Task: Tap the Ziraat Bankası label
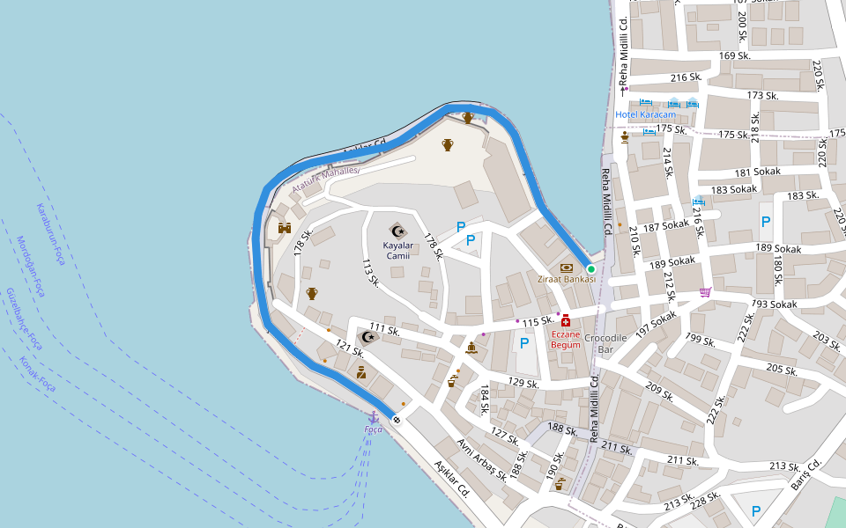tap(567, 279)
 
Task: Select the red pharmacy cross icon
tap(566, 321)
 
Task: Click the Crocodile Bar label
tap(605, 343)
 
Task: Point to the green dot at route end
tap(590, 268)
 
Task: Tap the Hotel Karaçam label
tap(645, 115)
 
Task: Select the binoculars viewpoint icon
tap(285, 228)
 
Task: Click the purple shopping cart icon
tap(705, 291)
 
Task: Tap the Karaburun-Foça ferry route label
tap(50, 233)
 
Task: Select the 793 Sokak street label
tap(775, 304)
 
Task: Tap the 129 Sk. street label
tap(523, 384)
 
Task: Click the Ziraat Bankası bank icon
tap(566, 267)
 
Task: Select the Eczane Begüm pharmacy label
tap(566, 339)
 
